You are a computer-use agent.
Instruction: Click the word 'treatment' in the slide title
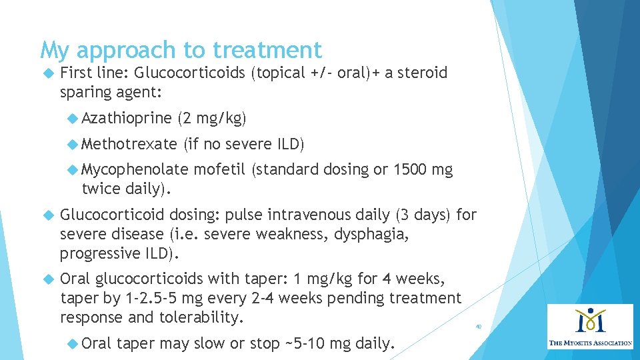(x=267, y=50)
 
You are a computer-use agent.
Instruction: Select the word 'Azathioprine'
(x=127, y=119)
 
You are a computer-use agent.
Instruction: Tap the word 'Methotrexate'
(x=129, y=144)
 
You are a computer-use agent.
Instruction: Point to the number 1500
(x=412, y=170)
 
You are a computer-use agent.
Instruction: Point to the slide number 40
(x=478, y=327)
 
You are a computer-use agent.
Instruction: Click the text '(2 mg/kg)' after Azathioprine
(x=212, y=119)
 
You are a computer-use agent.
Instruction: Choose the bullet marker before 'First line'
(x=47, y=73)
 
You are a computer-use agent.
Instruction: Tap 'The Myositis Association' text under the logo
(x=591, y=343)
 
